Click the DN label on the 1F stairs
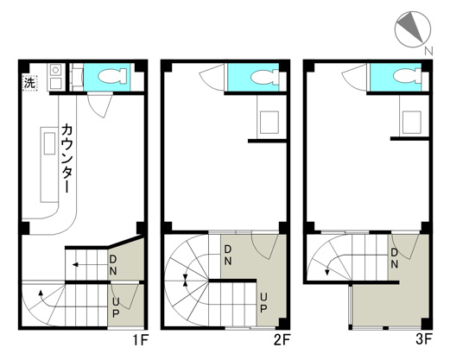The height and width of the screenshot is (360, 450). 114,264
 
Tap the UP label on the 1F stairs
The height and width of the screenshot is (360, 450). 114,306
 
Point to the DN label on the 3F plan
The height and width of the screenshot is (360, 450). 394,257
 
